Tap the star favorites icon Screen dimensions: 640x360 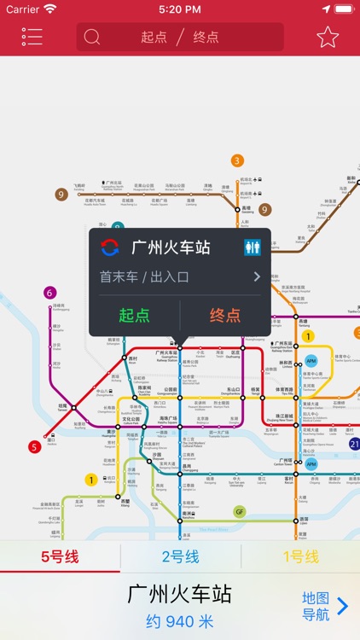point(328,38)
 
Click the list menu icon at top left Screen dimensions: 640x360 point(32,38)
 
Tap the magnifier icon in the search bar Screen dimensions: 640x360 point(92,38)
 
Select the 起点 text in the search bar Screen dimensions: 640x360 point(154,38)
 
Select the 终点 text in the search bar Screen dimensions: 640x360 point(206,38)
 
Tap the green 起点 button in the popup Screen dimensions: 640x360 point(134,315)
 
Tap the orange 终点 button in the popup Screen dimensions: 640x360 point(225,315)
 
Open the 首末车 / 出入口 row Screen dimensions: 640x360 point(179,276)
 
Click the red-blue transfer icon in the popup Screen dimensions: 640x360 point(110,247)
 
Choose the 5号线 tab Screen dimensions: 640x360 point(60,557)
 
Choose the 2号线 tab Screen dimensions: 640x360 point(180,557)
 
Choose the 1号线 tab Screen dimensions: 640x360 point(300,557)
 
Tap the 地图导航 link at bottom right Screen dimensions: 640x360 point(325,606)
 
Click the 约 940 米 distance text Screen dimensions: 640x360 point(179,622)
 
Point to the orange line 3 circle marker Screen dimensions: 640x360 point(237,160)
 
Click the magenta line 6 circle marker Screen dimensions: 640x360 point(50,293)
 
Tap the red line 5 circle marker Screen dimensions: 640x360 point(35,446)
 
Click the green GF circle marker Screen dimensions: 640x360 point(240,512)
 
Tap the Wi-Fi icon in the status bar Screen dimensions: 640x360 point(50,9)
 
